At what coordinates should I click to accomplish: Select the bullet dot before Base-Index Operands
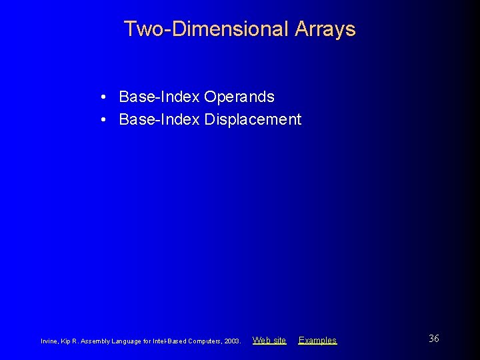[x=106, y=97]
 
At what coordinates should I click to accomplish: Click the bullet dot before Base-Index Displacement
[x=106, y=120]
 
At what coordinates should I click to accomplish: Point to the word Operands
[x=239, y=97]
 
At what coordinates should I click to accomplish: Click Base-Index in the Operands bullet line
[x=159, y=97]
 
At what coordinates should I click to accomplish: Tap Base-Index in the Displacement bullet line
[x=159, y=120]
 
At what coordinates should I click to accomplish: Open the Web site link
[x=269, y=340]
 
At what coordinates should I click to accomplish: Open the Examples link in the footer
[x=317, y=340]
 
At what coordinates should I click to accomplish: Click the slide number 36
[x=433, y=339]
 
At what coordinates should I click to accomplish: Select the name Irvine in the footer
[x=50, y=341]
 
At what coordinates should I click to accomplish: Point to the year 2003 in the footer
[x=232, y=341]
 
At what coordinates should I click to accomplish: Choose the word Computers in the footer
[x=205, y=341]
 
